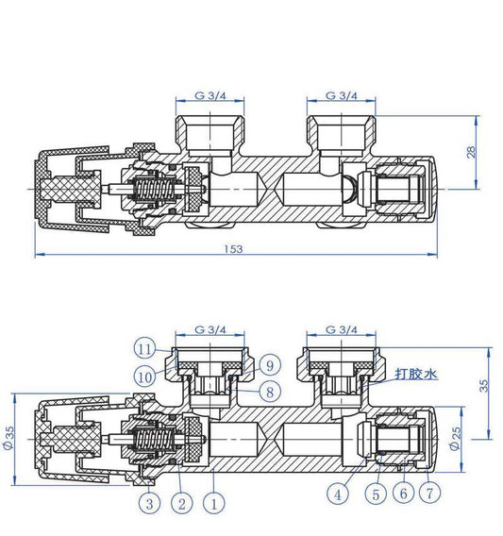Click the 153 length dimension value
pyautogui.click(x=234, y=248)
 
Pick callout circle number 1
pyautogui.click(x=215, y=505)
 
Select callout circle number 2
pyautogui.click(x=180, y=505)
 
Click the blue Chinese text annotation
pyautogui.click(x=416, y=375)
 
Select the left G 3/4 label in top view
pyautogui.click(x=210, y=96)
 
